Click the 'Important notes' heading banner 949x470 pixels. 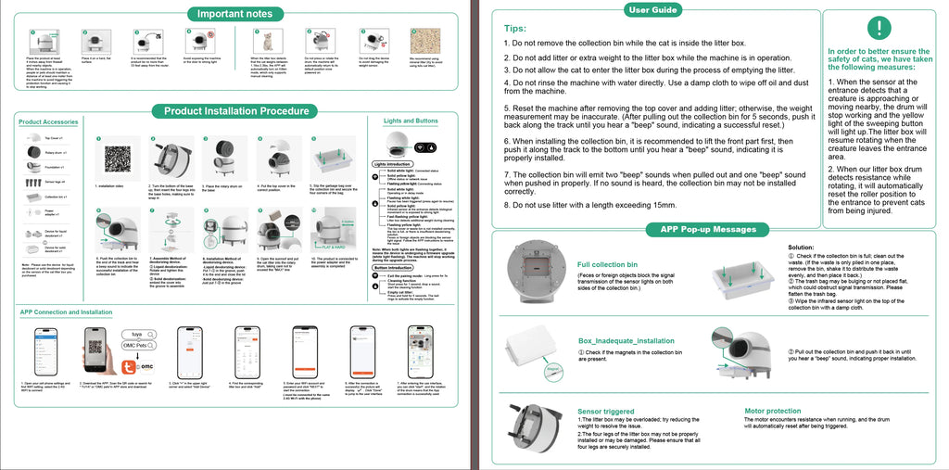coord(234,13)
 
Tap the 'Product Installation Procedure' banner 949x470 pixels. coord(235,111)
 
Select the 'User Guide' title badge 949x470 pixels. coord(652,9)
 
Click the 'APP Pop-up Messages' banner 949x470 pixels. coord(709,229)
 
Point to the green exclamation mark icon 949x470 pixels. coord(879,28)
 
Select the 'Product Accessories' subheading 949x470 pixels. coord(48,122)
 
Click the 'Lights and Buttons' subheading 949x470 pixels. coord(411,121)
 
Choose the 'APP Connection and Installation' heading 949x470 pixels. coord(66,312)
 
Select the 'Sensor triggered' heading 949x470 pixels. coord(606,411)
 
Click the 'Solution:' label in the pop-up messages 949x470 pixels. coord(801,248)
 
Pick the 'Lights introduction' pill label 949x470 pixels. coord(392,164)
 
